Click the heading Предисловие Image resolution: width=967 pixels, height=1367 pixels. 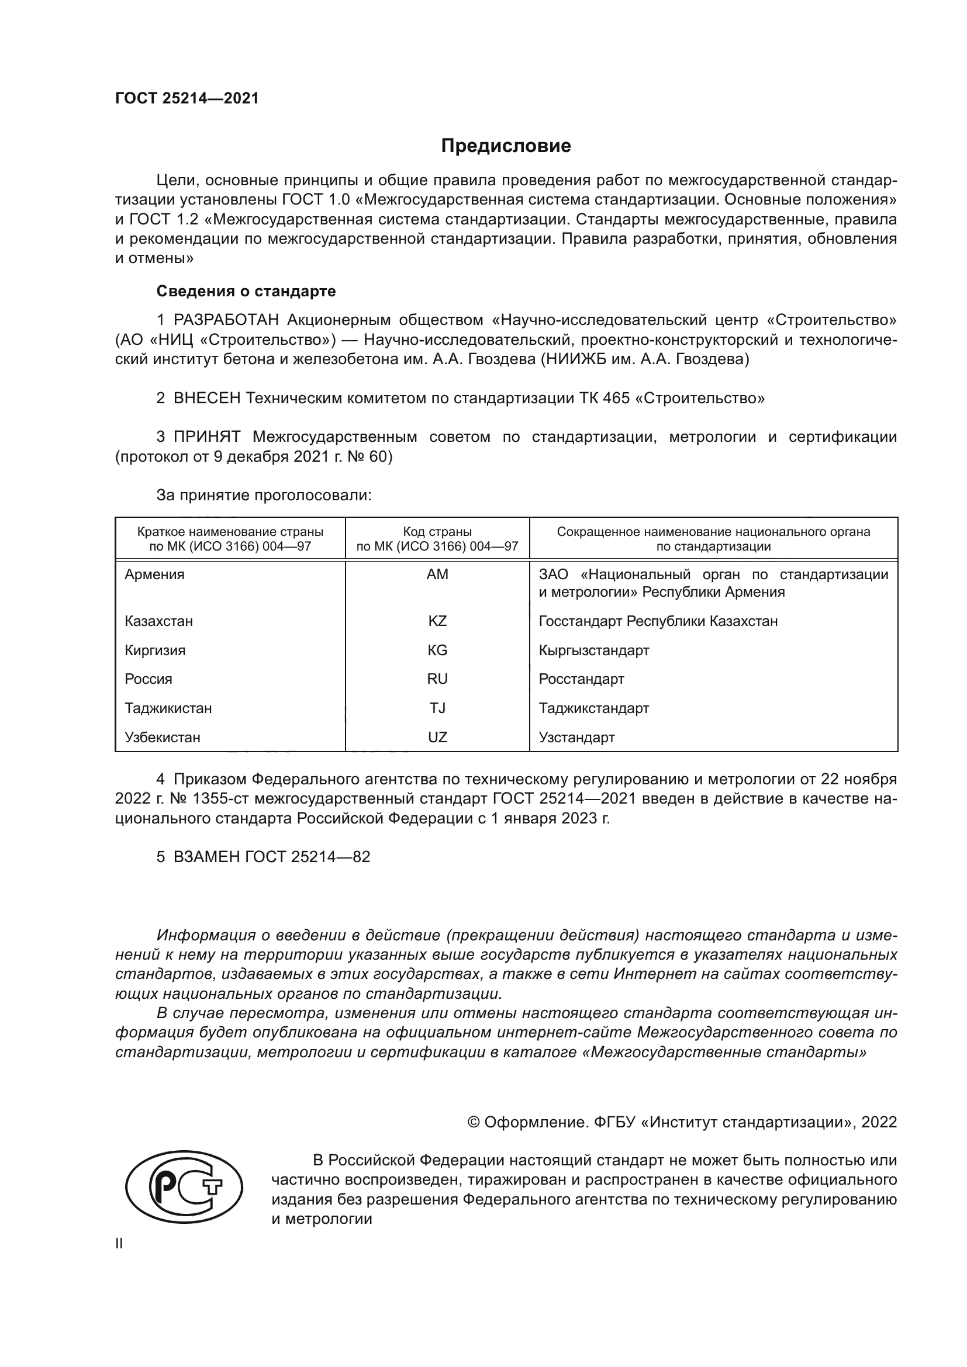pyautogui.click(x=506, y=146)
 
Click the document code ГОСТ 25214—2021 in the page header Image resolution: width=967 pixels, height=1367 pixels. pyautogui.click(x=187, y=99)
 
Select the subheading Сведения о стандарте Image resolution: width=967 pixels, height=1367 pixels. pyautogui.click(x=246, y=291)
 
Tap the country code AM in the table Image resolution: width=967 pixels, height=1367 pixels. pyautogui.click(x=437, y=575)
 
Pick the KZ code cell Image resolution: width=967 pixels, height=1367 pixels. pyautogui.click(x=437, y=621)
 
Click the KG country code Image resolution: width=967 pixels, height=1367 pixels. pyautogui.click(x=437, y=650)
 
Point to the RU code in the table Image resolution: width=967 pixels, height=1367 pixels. pyautogui.click(x=437, y=679)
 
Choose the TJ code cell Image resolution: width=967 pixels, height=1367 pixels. pyautogui.click(x=437, y=708)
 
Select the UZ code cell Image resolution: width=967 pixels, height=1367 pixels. pyautogui.click(x=437, y=738)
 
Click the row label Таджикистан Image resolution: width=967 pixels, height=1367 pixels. pyautogui.click(x=168, y=708)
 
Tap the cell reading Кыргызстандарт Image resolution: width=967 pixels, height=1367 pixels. pyautogui.click(x=593, y=650)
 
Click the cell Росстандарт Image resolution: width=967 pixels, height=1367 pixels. pyautogui.click(x=581, y=679)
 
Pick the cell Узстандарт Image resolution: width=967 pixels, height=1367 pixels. pyautogui.click(x=576, y=738)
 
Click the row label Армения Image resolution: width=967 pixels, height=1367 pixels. pyautogui.click(x=154, y=575)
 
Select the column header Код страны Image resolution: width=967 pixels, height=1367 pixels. pyautogui.click(x=437, y=532)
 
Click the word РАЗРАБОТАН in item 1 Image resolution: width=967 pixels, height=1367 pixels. pyautogui.click(x=226, y=320)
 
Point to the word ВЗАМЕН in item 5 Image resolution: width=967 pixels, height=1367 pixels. pyautogui.click(x=206, y=857)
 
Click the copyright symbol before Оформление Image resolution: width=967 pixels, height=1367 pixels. pyautogui.click(x=474, y=1122)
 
